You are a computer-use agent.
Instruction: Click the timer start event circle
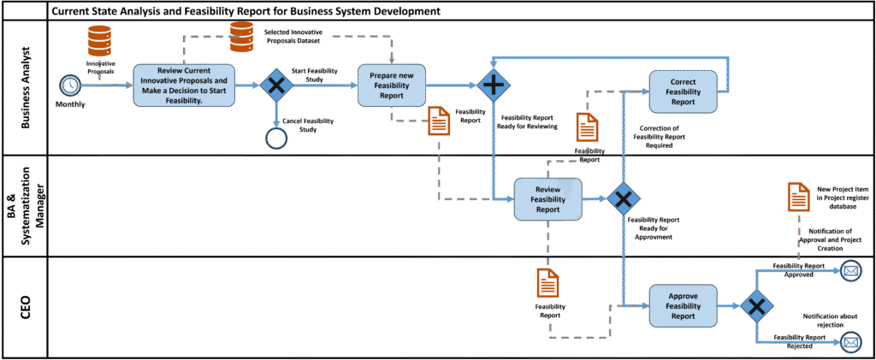tap(69, 86)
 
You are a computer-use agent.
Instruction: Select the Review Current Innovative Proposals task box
tap(184, 86)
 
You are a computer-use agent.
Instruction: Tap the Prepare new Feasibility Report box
tap(391, 85)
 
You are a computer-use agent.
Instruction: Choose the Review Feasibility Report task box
tap(547, 198)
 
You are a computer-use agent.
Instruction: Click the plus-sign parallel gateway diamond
tap(494, 86)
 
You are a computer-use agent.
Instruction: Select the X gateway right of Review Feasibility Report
tap(623, 198)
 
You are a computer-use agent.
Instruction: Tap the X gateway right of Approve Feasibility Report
tap(757, 305)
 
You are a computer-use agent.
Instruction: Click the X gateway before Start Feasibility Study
tap(276, 86)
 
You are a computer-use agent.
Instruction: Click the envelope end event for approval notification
tap(849, 272)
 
